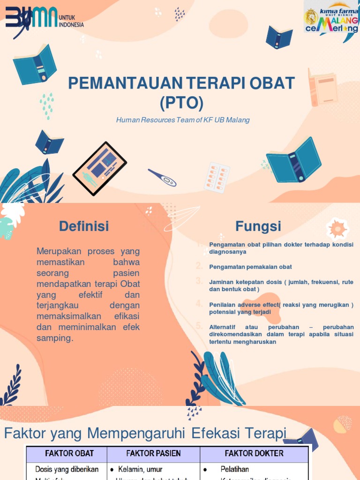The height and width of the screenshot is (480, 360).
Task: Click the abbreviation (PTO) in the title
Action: pos(181,102)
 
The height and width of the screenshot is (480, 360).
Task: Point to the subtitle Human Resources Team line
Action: pos(183,120)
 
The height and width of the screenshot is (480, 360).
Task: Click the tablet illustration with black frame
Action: pos(99,168)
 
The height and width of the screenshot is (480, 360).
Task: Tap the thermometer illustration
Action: pos(162,178)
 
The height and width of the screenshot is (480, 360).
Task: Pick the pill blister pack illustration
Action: pos(217,178)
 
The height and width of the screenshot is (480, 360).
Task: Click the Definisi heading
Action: pos(84,226)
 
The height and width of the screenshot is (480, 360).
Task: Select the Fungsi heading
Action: pos(258,226)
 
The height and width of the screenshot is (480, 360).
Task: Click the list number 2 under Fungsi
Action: pos(199,266)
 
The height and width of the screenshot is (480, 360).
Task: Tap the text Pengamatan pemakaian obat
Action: pos(250,267)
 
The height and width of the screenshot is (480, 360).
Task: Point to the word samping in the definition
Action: pos(55,338)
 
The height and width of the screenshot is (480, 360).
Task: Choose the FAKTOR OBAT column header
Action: pos(69,453)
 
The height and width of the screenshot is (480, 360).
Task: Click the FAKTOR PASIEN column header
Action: pos(153,453)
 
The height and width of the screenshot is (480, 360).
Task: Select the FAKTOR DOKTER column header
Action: pos(254,453)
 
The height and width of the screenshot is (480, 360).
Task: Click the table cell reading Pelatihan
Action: pos(235,469)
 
